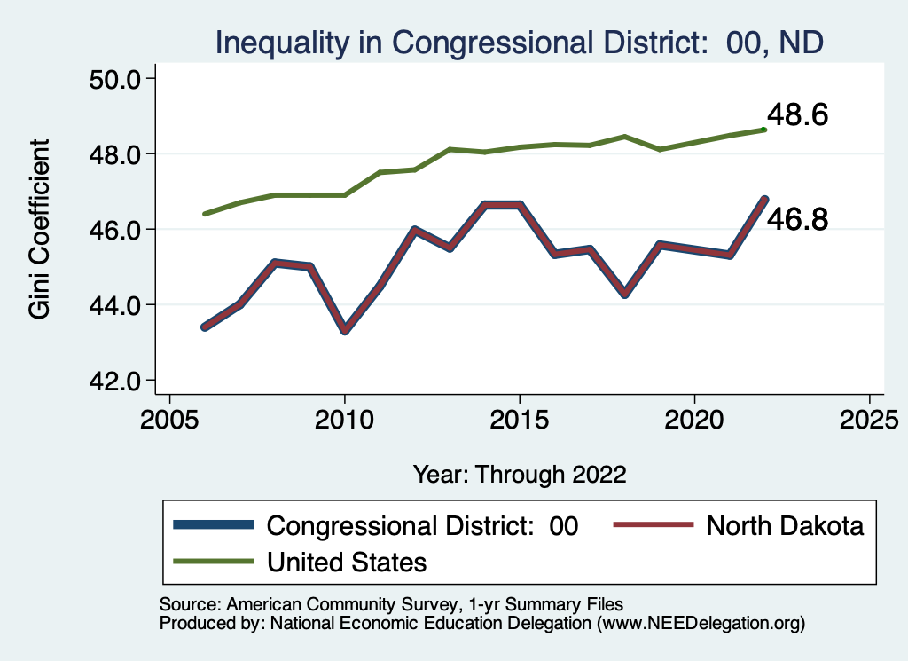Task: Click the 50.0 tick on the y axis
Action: pos(116,79)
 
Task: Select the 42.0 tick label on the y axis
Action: pos(116,382)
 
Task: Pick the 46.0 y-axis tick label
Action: pos(116,230)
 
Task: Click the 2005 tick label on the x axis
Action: pos(169,417)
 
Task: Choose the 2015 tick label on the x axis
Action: pos(519,417)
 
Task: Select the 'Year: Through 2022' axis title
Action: pos(520,474)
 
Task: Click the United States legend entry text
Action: pos(347,562)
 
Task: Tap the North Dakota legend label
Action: pos(785,526)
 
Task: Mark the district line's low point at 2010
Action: pos(344,330)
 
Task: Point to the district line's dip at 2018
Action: pos(624,293)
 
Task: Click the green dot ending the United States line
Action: pos(763,130)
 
